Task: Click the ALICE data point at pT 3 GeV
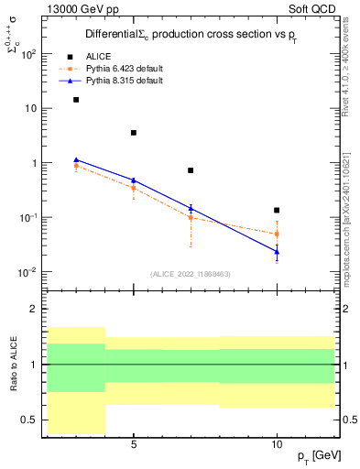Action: click(76, 100)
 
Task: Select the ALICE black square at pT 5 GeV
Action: click(134, 133)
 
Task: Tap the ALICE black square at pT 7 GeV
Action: click(191, 170)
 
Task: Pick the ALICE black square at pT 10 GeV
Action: click(277, 211)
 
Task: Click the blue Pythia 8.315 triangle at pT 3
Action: click(76, 159)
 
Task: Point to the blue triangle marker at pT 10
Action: click(277, 251)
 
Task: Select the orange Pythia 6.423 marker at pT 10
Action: click(277, 234)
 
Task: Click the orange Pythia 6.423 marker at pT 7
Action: click(191, 217)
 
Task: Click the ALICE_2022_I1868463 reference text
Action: click(190, 274)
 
